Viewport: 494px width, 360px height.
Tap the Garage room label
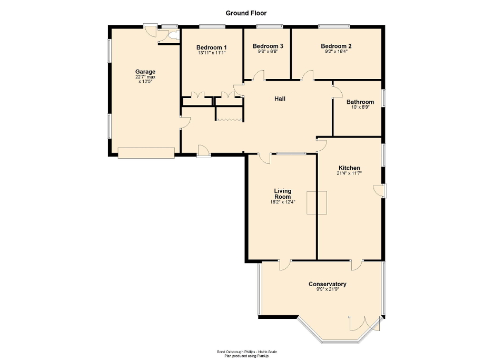coord(145,72)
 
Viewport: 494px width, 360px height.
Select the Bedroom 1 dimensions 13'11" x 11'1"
coord(212,53)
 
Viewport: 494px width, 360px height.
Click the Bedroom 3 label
coord(268,46)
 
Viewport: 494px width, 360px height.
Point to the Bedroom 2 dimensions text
coord(336,52)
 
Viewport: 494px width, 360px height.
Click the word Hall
coord(280,99)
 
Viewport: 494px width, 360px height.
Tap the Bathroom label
coord(360,102)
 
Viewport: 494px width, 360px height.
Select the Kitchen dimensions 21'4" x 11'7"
coord(349,173)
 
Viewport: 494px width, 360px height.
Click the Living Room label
coord(282,194)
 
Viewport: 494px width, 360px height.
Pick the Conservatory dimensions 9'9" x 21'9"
coord(327,289)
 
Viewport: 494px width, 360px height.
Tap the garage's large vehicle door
coord(146,153)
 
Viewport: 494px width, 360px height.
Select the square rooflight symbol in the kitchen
coord(318,202)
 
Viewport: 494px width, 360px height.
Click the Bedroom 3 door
coord(258,76)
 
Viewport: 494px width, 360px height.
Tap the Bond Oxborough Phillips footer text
coord(246,352)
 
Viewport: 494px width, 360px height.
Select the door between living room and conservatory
coord(285,264)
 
